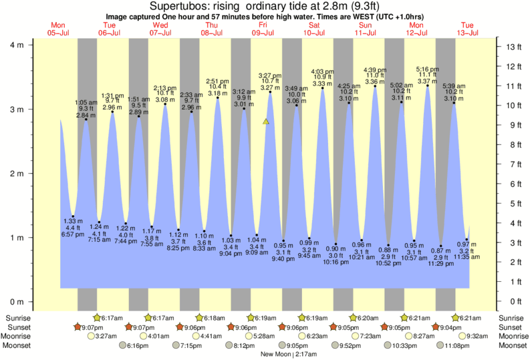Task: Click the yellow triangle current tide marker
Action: pos(266,122)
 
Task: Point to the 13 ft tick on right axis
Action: pos(513,47)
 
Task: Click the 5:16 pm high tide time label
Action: pos(427,69)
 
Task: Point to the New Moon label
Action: pos(275,354)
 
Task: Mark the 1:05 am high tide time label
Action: pos(86,102)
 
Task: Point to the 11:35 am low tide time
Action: pos(467,256)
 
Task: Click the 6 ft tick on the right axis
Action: pos(513,184)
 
